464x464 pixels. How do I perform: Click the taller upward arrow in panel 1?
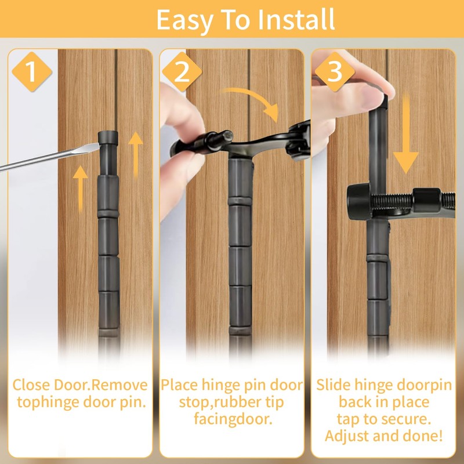point(135,153)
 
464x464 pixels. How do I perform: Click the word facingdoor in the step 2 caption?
point(232,419)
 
